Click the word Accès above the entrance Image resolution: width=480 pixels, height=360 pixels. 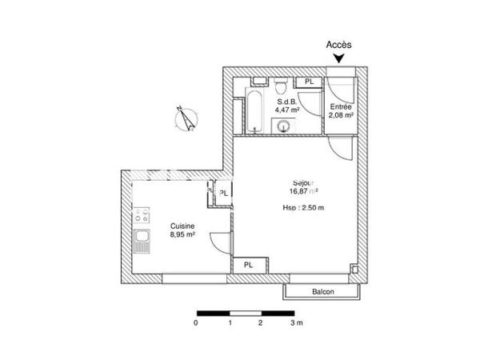click(x=338, y=46)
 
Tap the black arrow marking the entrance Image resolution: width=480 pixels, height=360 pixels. click(x=339, y=58)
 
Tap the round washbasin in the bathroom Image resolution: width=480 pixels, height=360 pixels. click(x=282, y=124)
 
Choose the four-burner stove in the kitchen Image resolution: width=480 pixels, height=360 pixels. click(x=142, y=215)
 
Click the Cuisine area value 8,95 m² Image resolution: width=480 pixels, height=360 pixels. click(x=183, y=236)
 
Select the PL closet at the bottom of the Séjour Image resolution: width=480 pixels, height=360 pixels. click(x=250, y=265)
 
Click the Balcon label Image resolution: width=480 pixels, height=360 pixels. click(x=323, y=292)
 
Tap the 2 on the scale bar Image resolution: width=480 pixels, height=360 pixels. click(x=260, y=324)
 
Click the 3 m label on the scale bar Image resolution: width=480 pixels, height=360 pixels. click(x=295, y=324)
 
